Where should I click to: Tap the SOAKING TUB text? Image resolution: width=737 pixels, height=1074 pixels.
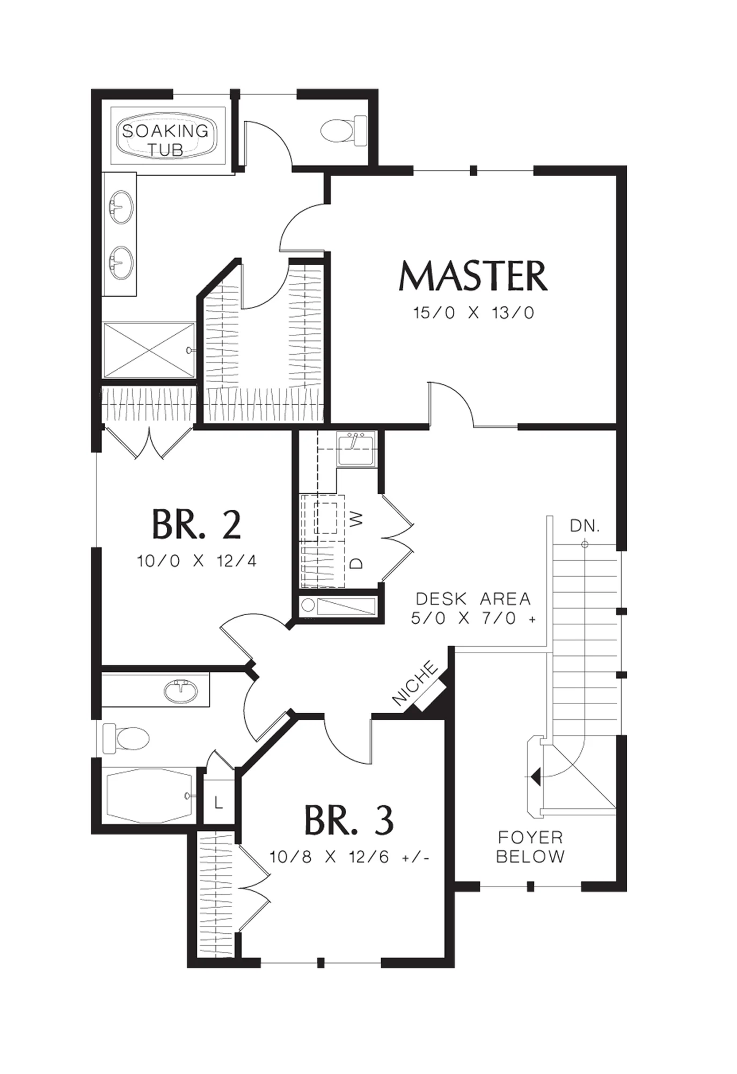point(165,140)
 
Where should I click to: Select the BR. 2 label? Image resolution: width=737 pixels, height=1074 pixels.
point(196,524)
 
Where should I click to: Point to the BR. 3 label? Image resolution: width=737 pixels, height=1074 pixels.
point(349,820)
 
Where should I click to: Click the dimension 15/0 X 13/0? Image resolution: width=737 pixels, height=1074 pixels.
point(473,313)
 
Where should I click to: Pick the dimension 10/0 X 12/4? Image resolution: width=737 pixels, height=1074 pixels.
point(196,561)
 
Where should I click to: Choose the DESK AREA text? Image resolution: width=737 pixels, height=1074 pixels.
point(473,598)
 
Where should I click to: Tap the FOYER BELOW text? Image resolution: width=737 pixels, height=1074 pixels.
point(530,846)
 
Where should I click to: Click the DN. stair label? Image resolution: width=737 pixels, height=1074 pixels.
point(585,526)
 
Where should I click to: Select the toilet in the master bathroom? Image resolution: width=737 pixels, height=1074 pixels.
point(344,130)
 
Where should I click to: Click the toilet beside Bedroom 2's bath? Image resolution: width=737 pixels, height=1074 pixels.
point(126,738)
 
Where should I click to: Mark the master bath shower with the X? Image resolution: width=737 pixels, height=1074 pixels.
point(149,350)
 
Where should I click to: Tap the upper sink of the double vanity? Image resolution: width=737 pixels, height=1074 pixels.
point(121,207)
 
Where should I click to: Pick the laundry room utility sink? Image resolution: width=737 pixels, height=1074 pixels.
point(355,448)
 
